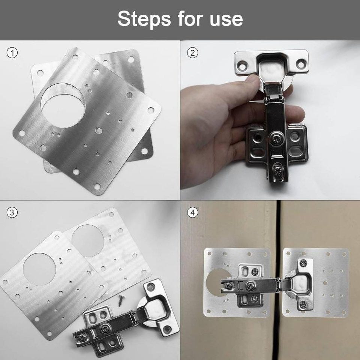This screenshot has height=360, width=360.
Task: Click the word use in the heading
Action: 226,19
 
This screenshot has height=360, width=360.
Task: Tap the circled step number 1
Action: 12,53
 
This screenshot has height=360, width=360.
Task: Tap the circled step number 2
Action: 192,53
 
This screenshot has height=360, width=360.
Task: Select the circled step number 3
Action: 12,213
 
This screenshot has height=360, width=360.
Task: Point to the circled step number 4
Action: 192,213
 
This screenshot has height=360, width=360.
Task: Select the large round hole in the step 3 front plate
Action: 39,269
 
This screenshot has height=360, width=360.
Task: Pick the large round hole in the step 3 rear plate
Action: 88,241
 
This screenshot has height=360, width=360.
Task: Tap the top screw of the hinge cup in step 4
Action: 303,263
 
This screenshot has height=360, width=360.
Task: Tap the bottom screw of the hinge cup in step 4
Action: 303,305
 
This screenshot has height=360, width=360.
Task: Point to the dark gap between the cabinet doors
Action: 279,280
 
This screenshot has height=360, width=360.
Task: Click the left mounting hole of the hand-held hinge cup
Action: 242,67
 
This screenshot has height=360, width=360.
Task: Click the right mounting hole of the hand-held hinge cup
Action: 301,64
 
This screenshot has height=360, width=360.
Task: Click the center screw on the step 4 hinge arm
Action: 250,286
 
